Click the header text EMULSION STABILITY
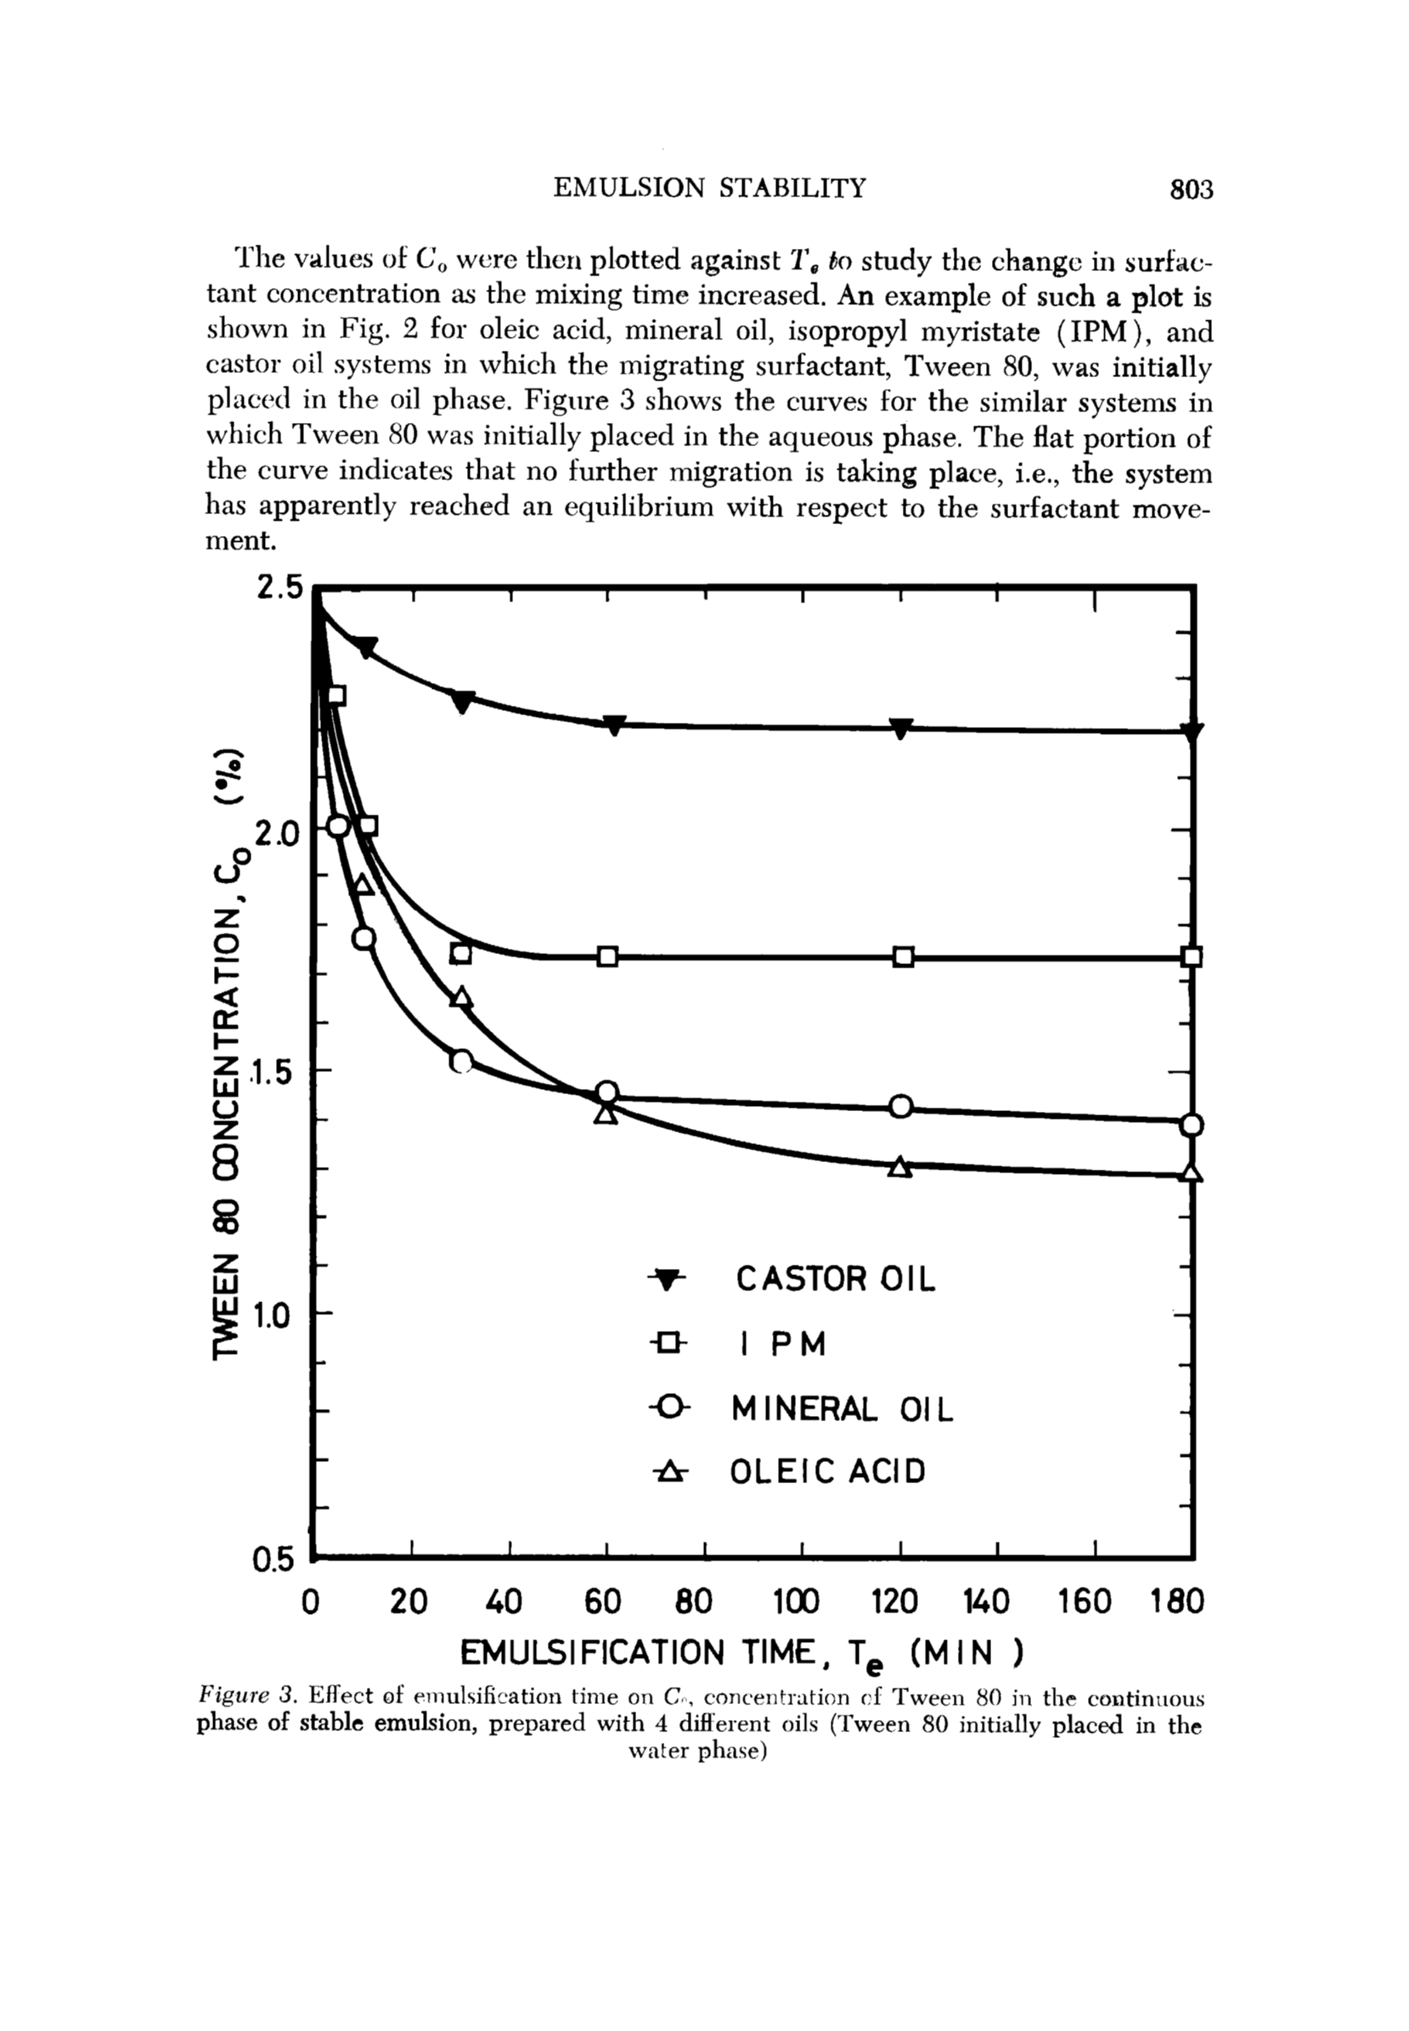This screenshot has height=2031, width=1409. tap(709, 188)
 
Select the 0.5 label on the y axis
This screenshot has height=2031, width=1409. tap(272, 1560)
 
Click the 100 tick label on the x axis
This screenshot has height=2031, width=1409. tap(796, 1599)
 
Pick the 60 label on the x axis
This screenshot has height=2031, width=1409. tap(603, 1599)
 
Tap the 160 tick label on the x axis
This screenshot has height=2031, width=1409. tap(1085, 1599)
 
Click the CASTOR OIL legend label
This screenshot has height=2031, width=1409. tap(834, 1279)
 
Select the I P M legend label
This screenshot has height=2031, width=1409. tap(783, 1344)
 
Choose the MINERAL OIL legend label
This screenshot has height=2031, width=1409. tap(843, 1408)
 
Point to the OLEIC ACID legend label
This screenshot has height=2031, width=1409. tap(827, 1472)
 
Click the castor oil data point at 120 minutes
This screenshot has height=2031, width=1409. tap(900, 729)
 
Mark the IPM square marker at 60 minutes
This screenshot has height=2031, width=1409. tap(607, 956)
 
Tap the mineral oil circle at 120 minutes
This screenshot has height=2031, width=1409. tap(900, 1106)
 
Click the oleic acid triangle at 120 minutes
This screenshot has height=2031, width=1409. tap(899, 1166)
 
